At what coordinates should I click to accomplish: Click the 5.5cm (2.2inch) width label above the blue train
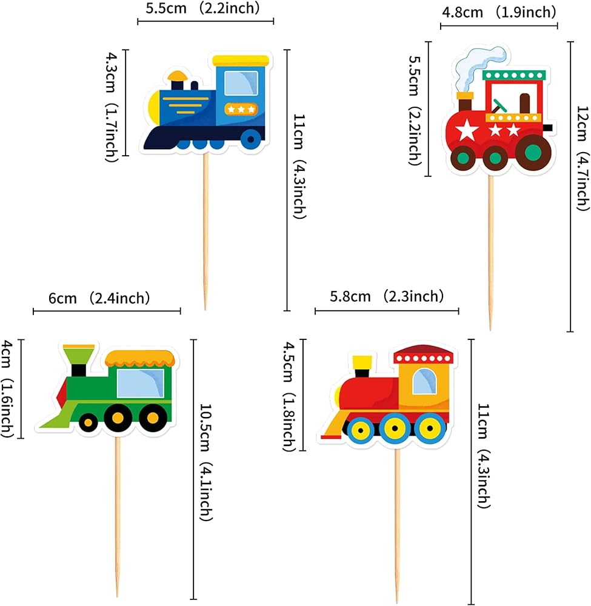[202, 8]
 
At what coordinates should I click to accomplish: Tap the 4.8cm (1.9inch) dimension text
[499, 12]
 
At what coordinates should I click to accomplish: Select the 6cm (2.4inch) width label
[99, 298]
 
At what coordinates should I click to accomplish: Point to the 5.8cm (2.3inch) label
[387, 296]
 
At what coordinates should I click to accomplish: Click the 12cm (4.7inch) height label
[582, 158]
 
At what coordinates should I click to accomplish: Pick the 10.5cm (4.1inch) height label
[205, 462]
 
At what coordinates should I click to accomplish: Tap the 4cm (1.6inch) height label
[7, 389]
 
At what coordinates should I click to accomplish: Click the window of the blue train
[241, 83]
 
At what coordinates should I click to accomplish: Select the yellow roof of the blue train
[241, 60]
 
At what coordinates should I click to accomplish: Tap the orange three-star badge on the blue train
[241, 109]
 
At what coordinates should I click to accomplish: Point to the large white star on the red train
[467, 130]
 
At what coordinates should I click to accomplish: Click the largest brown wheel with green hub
[533, 152]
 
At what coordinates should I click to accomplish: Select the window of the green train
[141, 383]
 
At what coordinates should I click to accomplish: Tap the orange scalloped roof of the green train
[140, 359]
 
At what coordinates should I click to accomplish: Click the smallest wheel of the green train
[88, 422]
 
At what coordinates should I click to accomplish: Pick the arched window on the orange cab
[424, 381]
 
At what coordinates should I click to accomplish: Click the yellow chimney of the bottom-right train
[362, 362]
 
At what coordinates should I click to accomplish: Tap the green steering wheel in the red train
[499, 105]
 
